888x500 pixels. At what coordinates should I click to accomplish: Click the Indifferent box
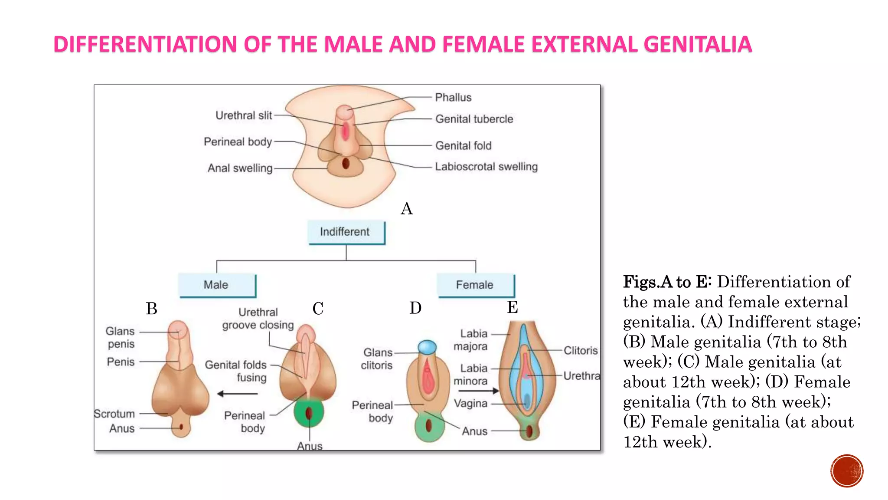pos(346,232)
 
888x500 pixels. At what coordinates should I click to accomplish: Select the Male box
pos(217,285)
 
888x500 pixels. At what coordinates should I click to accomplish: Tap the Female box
pos(475,285)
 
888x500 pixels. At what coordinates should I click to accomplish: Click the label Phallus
pos(453,97)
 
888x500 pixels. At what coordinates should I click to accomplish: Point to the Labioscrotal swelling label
pos(486,167)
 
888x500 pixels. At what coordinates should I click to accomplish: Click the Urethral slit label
pos(244,115)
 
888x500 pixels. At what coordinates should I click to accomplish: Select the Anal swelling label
pos(240,168)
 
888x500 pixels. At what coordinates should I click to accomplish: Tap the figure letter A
pos(406,209)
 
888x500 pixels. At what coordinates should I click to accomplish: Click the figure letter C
pos(318,309)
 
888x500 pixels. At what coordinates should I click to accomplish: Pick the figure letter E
pos(513,307)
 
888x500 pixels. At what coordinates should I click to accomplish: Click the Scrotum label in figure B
pos(115,414)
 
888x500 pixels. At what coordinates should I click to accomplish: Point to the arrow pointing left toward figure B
pos(237,394)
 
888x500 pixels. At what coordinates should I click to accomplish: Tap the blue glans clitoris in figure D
pos(427,347)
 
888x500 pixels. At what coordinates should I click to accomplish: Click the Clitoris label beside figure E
pos(580,350)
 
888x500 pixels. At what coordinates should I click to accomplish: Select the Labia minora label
pos(471,375)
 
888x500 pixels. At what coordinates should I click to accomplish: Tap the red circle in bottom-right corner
pos(846,471)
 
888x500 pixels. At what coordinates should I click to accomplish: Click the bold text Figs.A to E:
pos(667,282)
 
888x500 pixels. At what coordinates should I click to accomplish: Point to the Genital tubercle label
pos(474,119)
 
